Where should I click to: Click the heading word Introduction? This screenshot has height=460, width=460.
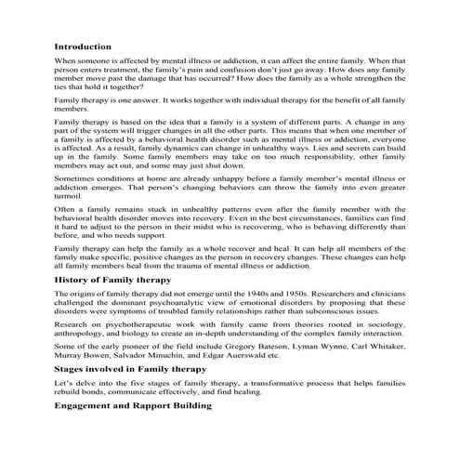click(x=83, y=46)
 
